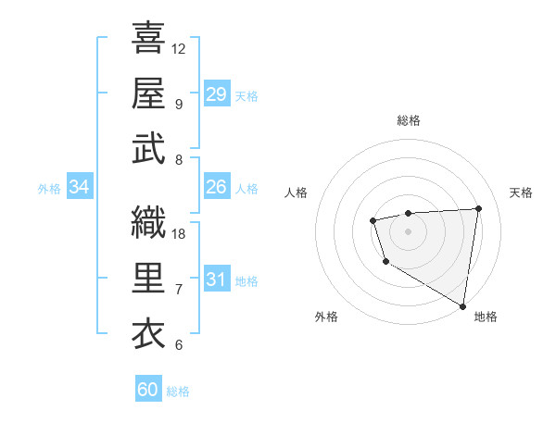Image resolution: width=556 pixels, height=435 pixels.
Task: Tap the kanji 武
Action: [149, 149]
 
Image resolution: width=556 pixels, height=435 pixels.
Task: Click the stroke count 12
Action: [179, 48]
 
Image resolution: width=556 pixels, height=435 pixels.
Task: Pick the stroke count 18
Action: [179, 233]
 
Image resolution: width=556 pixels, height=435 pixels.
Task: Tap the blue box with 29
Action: [217, 94]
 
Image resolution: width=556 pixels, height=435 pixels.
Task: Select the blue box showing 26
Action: [217, 187]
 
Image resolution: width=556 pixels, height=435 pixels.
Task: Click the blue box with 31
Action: [217, 280]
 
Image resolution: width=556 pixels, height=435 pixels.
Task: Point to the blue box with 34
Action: [79, 187]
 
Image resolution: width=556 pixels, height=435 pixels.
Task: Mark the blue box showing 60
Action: [148, 390]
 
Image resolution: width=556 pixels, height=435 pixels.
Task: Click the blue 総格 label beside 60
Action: [178, 391]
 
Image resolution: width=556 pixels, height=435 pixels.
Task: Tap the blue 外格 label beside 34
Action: [49, 189]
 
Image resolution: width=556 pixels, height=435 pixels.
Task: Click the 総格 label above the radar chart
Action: [409, 120]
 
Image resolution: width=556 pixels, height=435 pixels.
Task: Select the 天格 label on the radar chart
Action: [522, 193]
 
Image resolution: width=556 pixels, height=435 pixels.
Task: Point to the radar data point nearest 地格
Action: [463, 306]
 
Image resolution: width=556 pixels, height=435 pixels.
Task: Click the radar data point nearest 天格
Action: [478, 208]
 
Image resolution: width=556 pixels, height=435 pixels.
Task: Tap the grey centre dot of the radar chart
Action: [408, 230]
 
